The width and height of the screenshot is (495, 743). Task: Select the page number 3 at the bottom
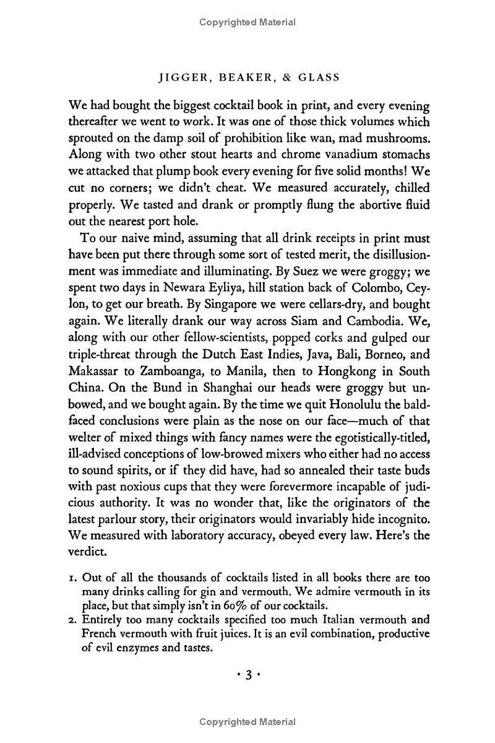(247, 676)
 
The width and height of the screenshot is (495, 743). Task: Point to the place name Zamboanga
(178, 372)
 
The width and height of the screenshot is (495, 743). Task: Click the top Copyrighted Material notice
(247, 22)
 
